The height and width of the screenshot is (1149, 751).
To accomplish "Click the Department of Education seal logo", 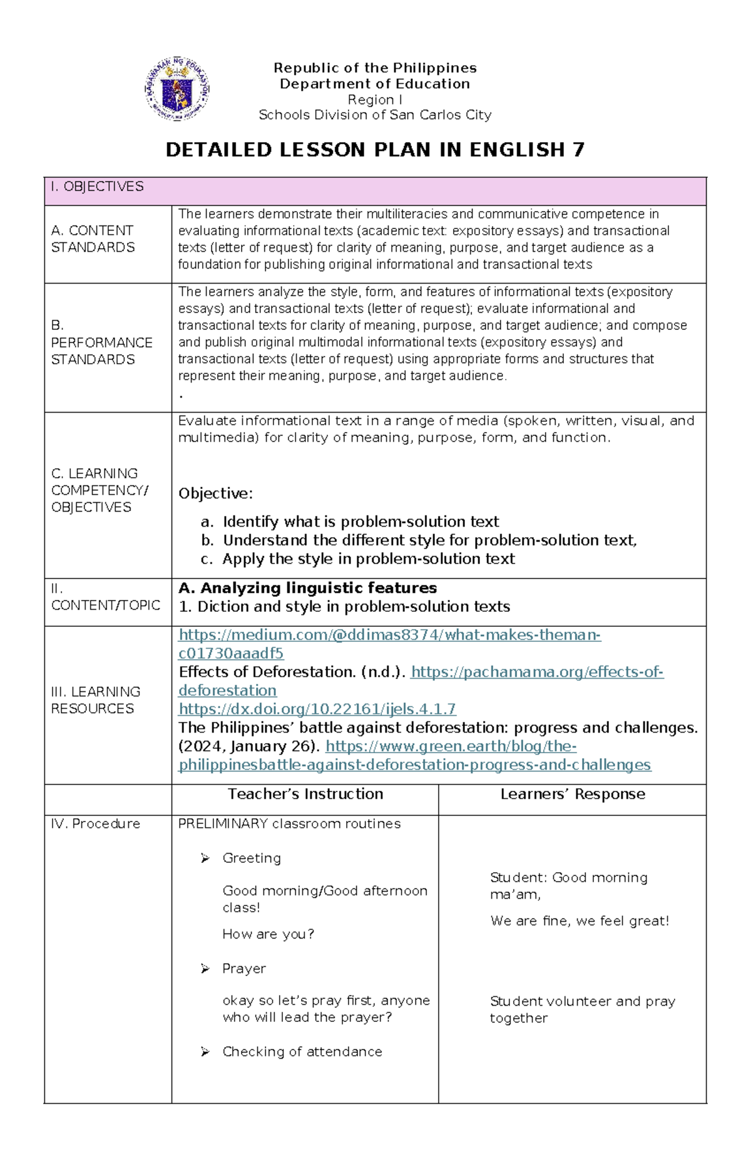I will pos(177,89).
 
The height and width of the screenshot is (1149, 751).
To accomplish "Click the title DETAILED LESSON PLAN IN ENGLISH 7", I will pos(375,150).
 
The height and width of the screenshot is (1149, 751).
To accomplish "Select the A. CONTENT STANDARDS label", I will pos(93,239).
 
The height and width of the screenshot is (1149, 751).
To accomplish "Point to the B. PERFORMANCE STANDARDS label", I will pos(101,343).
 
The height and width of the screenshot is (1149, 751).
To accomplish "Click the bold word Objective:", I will pos(215,493).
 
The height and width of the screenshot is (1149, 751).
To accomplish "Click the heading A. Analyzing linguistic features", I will pos(307,588).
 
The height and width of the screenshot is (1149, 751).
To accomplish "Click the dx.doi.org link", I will pos(317,709).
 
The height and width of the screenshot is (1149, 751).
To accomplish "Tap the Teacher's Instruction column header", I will pos(305,794).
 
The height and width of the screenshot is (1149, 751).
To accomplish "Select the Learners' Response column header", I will pos(573,794).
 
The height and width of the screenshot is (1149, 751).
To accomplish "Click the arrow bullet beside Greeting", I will pos(205,858).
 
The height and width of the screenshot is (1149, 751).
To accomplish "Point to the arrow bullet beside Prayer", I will pos(205,969).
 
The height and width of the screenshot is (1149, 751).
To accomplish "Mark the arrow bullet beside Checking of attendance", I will pos(205,1052).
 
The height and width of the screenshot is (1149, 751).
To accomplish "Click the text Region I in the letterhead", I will pos(375,100).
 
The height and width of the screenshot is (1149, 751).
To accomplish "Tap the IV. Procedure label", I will pos(95,824).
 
